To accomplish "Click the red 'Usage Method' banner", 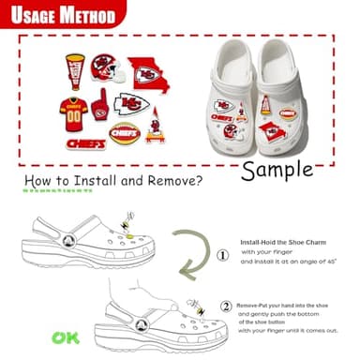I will (x=62, y=16).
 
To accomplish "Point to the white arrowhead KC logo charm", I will (x=132, y=104).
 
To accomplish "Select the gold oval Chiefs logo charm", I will (x=123, y=134).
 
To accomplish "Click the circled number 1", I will (x=221, y=254).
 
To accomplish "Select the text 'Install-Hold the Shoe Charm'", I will (x=285, y=240).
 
